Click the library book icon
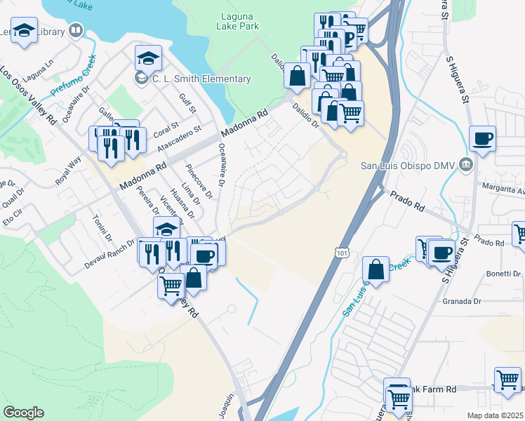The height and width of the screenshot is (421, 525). pyautogui.click(x=75, y=31)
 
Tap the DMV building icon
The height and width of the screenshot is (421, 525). pyautogui.click(x=465, y=165)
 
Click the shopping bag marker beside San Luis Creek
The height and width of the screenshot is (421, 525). pyautogui.click(x=376, y=269)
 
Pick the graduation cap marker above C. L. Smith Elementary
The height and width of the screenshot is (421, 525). pyautogui.click(x=148, y=57)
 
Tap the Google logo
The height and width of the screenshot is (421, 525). pyautogui.click(x=23, y=412)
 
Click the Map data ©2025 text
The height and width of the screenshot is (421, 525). pyautogui.click(x=494, y=415)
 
